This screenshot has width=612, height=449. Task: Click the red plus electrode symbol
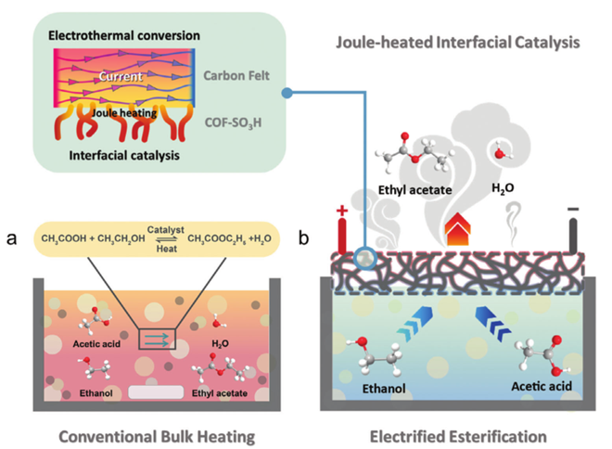tap(343, 211)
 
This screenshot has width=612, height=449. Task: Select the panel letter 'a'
tap(13, 237)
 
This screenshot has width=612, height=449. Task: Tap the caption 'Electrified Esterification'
tap(459, 431)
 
